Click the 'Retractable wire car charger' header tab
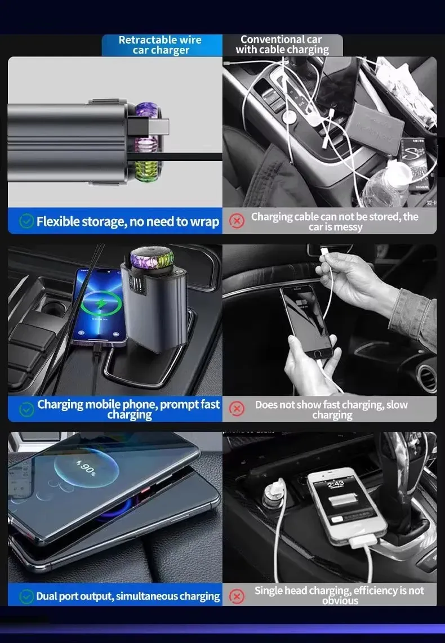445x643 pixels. pyautogui.click(x=161, y=45)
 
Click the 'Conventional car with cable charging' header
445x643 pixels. pyautogui.click(x=282, y=45)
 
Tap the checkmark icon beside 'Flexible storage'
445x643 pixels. pyautogui.click(x=26, y=221)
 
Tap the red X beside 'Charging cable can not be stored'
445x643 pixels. pyautogui.click(x=237, y=221)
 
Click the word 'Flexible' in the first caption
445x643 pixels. pyautogui.click(x=58, y=221)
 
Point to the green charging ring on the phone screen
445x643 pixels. pyautogui.click(x=101, y=304)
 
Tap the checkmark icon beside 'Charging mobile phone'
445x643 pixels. pyautogui.click(x=26, y=409)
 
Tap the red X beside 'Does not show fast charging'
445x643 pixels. pyautogui.click(x=237, y=409)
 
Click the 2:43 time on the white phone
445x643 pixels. pyautogui.click(x=335, y=484)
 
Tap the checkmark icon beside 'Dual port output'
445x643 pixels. pyautogui.click(x=26, y=596)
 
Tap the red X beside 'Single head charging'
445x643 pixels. pyautogui.click(x=237, y=596)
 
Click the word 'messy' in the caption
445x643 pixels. pyautogui.click(x=348, y=227)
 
